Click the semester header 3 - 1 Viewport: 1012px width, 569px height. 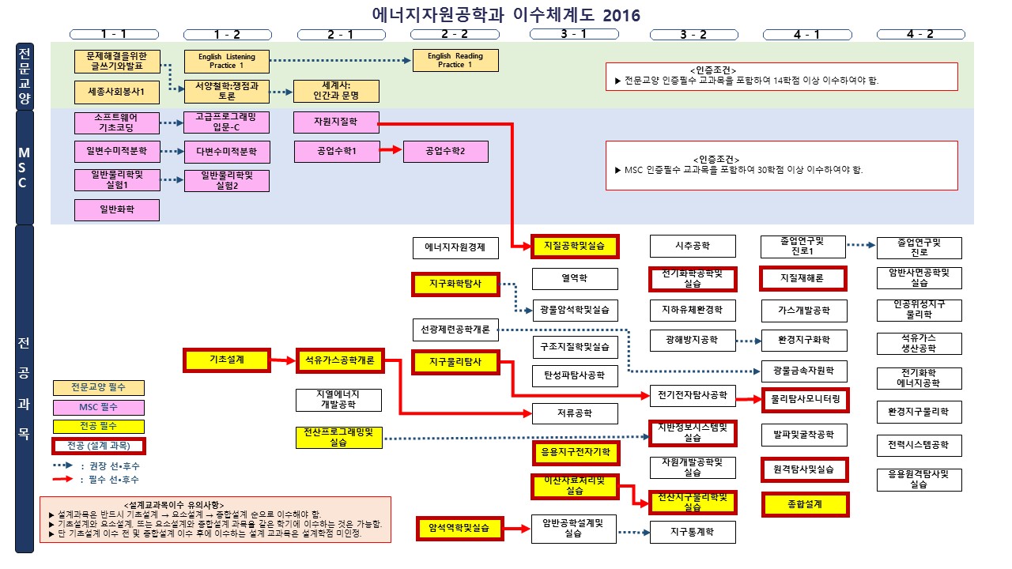pyautogui.click(x=573, y=34)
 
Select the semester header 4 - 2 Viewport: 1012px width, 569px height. pyautogui.click(x=920, y=34)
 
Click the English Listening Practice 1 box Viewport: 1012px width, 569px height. pyautogui.click(x=226, y=61)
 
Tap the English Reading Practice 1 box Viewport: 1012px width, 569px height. pyautogui.click(x=455, y=61)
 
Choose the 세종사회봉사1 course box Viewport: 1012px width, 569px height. pyautogui.click(x=117, y=92)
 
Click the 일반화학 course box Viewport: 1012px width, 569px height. pyautogui.click(x=117, y=209)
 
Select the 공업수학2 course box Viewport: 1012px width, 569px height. pyautogui.click(x=446, y=151)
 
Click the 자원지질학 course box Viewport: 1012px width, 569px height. pyautogui.click(x=336, y=122)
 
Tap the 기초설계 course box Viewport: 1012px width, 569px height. pyautogui.click(x=226, y=360)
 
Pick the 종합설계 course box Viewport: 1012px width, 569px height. pyautogui.click(x=805, y=504)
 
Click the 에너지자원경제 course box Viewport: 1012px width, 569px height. pyautogui.click(x=455, y=247)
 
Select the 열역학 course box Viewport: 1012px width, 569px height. pyautogui.click(x=575, y=278)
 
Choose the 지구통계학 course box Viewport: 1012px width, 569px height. pyautogui.click(x=693, y=533)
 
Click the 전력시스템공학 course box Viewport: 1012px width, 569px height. pyautogui.click(x=919, y=445)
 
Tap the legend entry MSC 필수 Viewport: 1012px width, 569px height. pyautogui.click(x=98, y=407)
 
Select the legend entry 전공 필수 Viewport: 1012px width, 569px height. pyautogui.click(x=98, y=427)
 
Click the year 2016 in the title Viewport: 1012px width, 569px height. pyautogui.click(x=621, y=15)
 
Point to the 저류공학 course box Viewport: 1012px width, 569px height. pyautogui.click(x=575, y=413)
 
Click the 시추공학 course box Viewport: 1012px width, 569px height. pyautogui.click(x=693, y=247)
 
